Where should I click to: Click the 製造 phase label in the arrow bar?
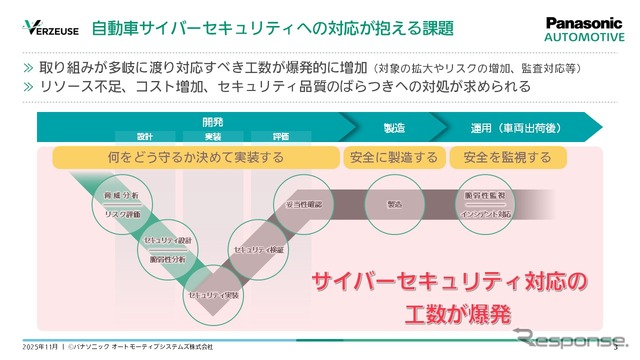(x=366, y=127)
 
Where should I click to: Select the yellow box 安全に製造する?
(x=391, y=157)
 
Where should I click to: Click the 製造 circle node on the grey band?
(x=392, y=203)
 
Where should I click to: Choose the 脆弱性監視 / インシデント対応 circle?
(x=487, y=204)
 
